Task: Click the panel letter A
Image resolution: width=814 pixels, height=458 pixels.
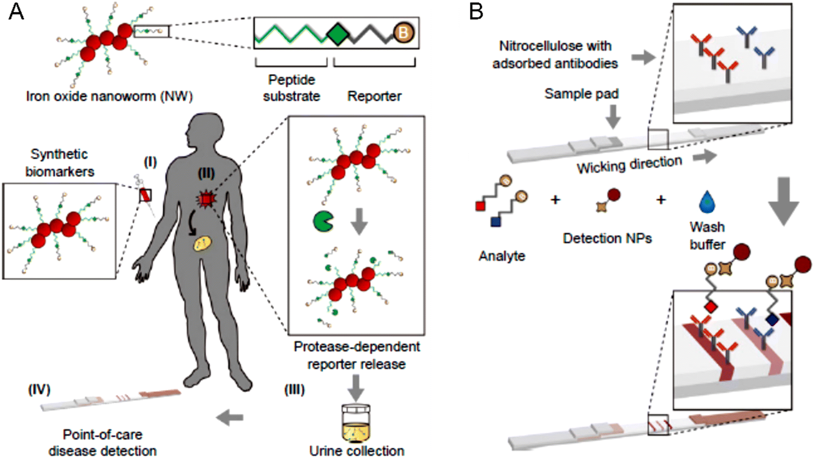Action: [x=17, y=11]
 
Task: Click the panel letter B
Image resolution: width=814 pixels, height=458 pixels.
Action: [x=476, y=11]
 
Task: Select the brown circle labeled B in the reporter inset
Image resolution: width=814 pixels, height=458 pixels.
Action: [x=403, y=33]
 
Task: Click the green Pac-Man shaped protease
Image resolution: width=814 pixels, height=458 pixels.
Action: [x=323, y=221]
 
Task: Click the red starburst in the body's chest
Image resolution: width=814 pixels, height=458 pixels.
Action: [x=206, y=199]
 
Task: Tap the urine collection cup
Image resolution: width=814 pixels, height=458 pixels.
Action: [x=356, y=423]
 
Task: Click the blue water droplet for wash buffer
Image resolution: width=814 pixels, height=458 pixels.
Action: [x=707, y=202]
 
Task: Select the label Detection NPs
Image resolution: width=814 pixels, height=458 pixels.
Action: [x=607, y=238]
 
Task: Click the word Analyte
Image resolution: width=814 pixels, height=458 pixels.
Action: [x=502, y=256]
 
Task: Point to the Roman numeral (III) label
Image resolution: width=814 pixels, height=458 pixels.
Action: [x=294, y=390]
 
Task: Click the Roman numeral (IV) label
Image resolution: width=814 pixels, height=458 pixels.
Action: [x=39, y=390]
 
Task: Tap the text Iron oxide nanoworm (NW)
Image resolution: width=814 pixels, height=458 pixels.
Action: [x=109, y=96]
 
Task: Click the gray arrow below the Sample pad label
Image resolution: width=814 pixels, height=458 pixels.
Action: [x=613, y=117]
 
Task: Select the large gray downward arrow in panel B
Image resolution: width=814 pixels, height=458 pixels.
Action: [x=784, y=200]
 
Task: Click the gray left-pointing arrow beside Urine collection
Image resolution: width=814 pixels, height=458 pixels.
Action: [x=230, y=418]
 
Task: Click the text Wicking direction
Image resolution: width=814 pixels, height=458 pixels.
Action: [x=629, y=165]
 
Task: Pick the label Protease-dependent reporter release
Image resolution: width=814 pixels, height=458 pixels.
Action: [x=356, y=355]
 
